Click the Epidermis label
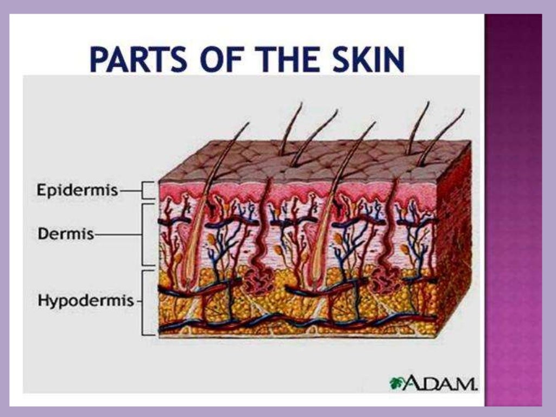click(77, 191)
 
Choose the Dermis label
click(59, 235)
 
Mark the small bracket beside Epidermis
click(148, 191)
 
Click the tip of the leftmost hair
click(248, 123)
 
